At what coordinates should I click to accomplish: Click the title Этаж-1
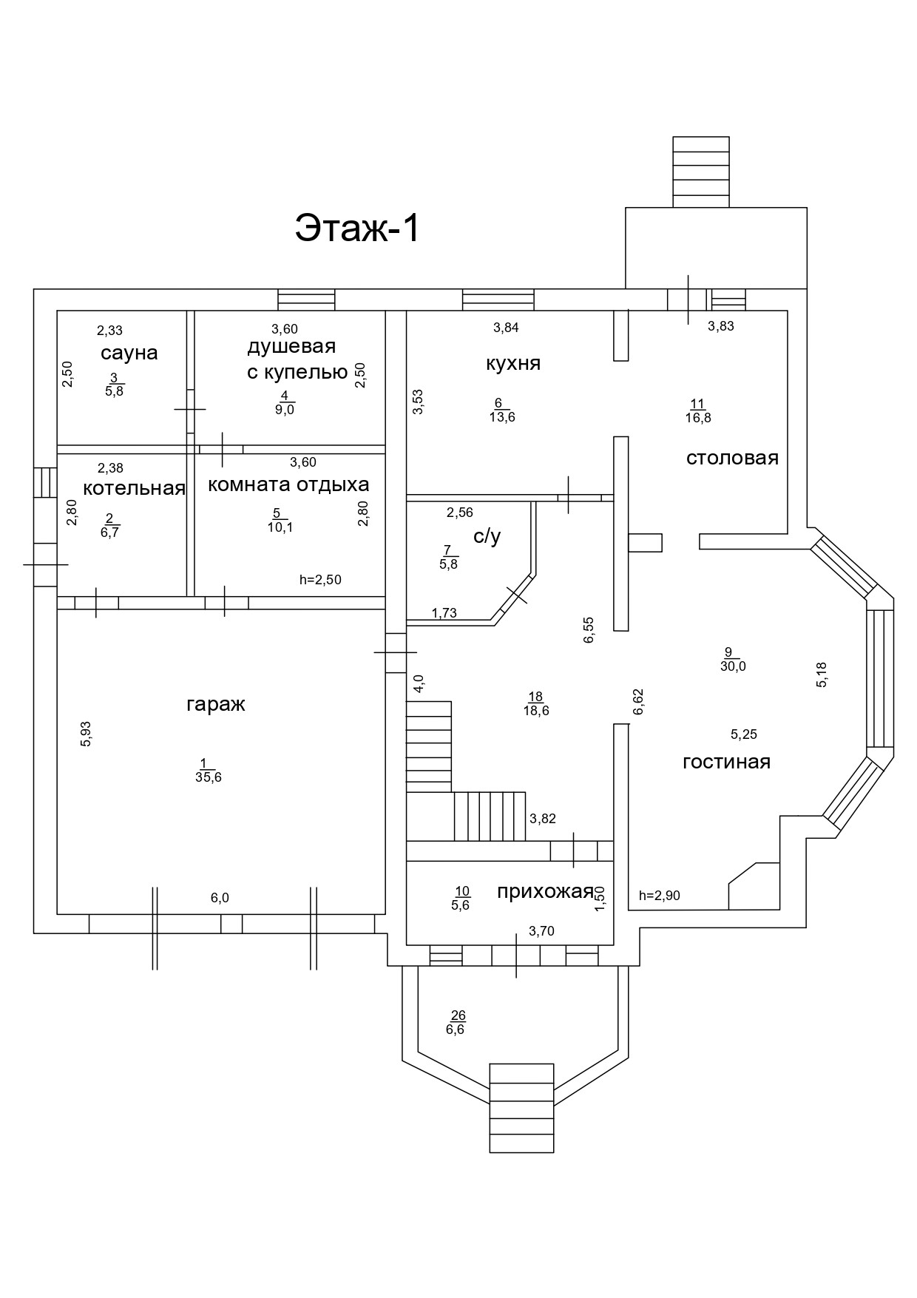[x=358, y=228]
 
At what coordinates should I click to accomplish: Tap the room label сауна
[x=129, y=353]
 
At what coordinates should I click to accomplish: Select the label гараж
[x=215, y=703]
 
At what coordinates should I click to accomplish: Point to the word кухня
[x=513, y=363]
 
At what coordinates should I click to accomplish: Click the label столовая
[x=732, y=458]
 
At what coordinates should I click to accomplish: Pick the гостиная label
[x=726, y=762]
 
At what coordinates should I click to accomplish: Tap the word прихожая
[x=545, y=891]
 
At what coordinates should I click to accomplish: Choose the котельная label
[x=134, y=488]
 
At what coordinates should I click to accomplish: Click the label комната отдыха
[x=288, y=485]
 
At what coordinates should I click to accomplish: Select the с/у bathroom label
[x=487, y=536]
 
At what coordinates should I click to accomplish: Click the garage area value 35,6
[x=209, y=777]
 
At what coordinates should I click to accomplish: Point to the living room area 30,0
[x=733, y=666]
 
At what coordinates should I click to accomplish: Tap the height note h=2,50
[x=320, y=580]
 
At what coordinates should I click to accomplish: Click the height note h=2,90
[x=659, y=896]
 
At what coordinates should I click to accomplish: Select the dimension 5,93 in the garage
[x=86, y=734]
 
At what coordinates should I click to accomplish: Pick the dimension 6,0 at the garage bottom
[x=220, y=898]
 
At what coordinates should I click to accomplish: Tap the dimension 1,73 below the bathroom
[x=444, y=612]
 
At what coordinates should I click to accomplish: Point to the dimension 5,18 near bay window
[x=822, y=675]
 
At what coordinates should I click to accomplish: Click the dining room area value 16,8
[x=698, y=417]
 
